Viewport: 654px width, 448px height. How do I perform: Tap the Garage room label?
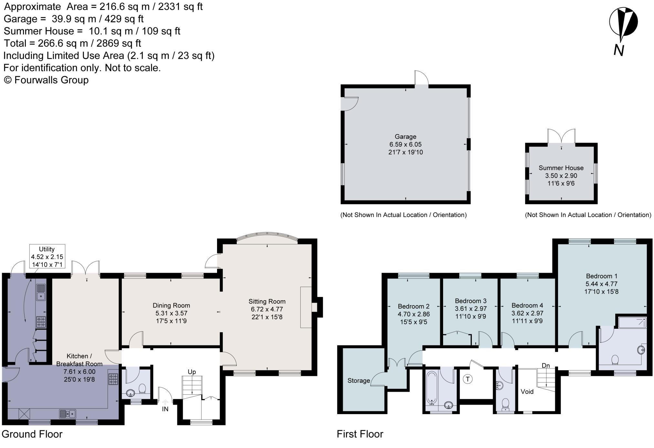[405, 137]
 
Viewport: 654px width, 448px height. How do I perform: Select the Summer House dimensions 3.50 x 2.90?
[561, 176]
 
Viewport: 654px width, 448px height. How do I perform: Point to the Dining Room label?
[171, 305]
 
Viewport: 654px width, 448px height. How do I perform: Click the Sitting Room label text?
[267, 302]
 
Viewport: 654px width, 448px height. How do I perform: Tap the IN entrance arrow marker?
[165, 403]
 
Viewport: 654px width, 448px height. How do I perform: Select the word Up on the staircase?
[192, 372]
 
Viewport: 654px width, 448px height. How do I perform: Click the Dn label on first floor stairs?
[545, 366]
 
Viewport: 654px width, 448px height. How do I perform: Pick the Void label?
[527, 392]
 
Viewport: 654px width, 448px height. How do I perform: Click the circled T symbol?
[467, 379]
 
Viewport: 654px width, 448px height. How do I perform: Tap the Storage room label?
[358, 381]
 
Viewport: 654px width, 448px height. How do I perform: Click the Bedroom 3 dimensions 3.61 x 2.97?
[471, 309]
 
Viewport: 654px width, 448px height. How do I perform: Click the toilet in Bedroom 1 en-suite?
[615, 360]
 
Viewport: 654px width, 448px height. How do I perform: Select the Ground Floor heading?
[32, 434]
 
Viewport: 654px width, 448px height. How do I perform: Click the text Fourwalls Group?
[51, 80]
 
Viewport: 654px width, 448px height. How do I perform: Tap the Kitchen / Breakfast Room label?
[79, 360]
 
